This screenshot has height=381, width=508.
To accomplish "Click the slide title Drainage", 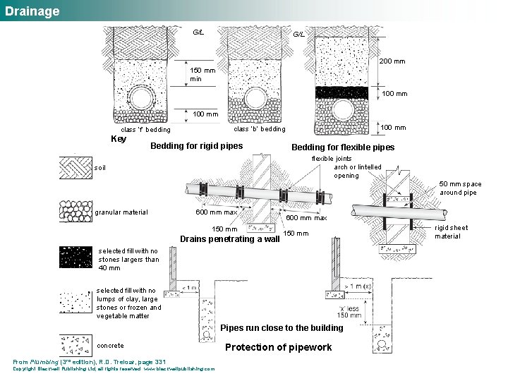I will click(x=32, y=11).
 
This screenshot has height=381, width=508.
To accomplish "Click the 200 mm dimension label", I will click(x=392, y=61).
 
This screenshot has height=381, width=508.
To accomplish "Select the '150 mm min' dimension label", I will click(x=202, y=75).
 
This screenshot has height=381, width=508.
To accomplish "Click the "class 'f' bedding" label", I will click(x=145, y=130).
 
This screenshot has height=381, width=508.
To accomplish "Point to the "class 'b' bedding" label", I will click(x=260, y=129).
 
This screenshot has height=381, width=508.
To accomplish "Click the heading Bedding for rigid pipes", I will click(x=198, y=147).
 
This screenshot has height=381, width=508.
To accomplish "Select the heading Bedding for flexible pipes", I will click(x=343, y=147).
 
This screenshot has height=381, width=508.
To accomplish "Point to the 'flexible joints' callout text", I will click(x=332, y=159).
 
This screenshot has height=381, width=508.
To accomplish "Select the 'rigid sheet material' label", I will click(x=451, y=232).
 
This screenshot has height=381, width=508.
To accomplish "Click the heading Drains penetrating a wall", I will click(x=230, y=238).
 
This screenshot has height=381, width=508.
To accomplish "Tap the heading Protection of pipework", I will click(x=278, y=347).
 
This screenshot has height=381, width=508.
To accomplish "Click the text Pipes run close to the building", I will click(x=282, y=327).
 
